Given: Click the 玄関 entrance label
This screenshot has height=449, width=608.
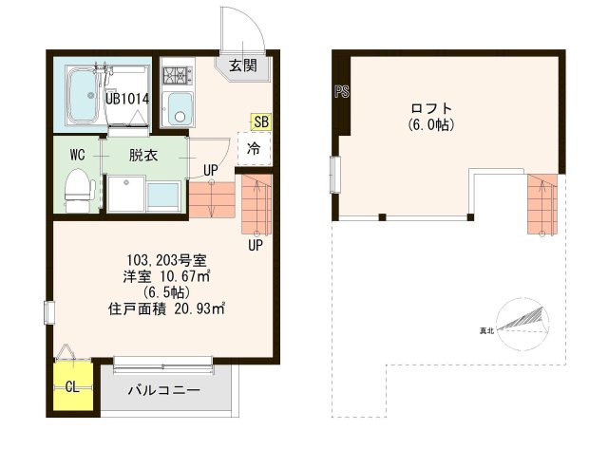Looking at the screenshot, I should (242, 65).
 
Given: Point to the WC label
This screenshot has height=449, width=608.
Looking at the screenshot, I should (77, 154).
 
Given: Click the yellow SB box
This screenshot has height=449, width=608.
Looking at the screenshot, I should (260, 122).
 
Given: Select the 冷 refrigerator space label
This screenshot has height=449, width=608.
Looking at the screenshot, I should (254, 147).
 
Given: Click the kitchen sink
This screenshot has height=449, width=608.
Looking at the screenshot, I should (178, 108).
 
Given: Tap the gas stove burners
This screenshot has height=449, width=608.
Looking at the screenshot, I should (177, 73).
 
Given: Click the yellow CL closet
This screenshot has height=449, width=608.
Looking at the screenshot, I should (71, 386).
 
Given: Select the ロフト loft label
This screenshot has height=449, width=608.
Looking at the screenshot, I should (430, 107).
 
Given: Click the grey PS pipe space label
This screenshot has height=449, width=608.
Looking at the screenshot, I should (340, 92).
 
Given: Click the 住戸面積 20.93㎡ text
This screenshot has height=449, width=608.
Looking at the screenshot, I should (167, 308).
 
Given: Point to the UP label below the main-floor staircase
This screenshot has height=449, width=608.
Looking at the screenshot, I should (256, 244).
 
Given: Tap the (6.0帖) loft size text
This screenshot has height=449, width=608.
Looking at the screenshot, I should (430, 124).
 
